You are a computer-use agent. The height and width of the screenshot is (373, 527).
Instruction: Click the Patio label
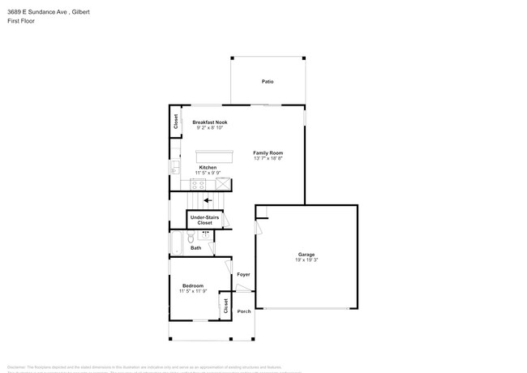point(267,82)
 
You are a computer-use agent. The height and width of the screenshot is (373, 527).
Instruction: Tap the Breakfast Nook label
point(210,122)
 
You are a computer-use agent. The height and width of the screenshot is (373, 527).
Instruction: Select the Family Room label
point(268,152)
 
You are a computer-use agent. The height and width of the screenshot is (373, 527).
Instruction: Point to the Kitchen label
point(208,167)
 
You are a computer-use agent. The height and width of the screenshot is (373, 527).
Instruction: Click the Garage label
point(306,255)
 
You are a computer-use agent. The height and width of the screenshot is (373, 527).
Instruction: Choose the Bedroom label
point(193,285)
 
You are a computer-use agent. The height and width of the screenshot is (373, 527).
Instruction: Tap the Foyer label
point(243,275)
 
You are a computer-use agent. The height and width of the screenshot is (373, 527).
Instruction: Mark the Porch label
point(243,311)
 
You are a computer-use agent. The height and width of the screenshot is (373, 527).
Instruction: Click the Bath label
point(196,247)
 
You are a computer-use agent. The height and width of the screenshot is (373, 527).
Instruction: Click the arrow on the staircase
point(208,199)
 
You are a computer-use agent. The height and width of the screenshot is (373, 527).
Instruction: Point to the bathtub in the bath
point(178,242)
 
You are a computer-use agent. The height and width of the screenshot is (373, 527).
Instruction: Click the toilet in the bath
point(191,237)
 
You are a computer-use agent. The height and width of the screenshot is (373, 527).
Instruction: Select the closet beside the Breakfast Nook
point(176,122)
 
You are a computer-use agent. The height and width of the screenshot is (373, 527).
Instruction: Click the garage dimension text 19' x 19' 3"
point(306,260)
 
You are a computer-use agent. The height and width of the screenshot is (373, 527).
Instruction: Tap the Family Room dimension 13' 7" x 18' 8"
point(268,158)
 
